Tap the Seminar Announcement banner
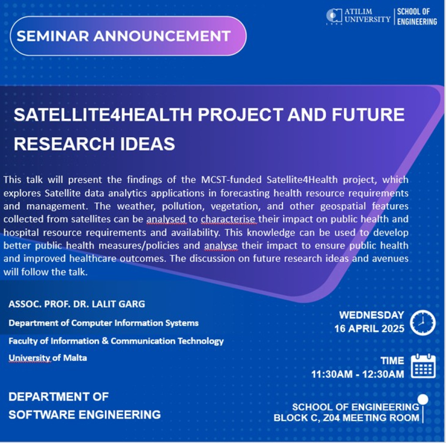point(128,36)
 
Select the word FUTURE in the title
point(368,115)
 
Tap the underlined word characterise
point(228,219)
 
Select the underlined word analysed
point(166,219)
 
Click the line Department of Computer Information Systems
point(104,323)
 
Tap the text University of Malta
point(48,357)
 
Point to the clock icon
point(422,322)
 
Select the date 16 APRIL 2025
point(369,329)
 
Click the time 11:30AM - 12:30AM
point(358,374)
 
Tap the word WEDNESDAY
point(372,315)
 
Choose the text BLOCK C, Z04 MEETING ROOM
point(346,418)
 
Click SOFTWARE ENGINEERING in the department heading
point(85,415)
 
